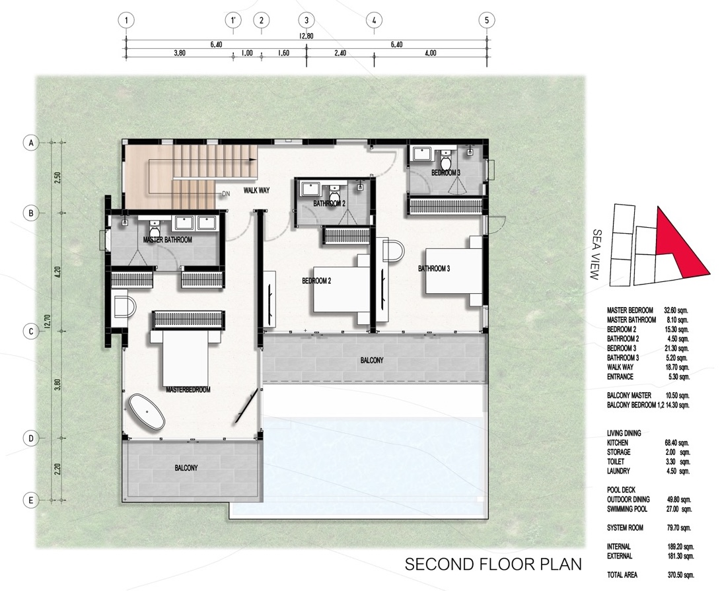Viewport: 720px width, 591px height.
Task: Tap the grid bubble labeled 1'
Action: click(233, 20)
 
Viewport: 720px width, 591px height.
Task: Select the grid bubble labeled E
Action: click(31, 500)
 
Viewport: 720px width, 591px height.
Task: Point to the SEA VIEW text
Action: click(595, 255)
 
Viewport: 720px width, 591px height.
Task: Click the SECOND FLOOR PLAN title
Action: click(493, 564)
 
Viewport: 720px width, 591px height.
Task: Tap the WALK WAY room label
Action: click(256, 190)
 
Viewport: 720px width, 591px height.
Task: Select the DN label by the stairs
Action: click(225, 193)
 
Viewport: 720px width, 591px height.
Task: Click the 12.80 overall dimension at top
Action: click(306, 36)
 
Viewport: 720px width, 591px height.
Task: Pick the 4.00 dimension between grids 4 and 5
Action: click(430, 53)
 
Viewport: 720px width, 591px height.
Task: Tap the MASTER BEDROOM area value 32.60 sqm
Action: click(676, 310)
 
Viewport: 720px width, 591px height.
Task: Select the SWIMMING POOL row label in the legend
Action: click(627, 509)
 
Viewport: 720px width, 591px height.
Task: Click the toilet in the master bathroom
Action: click(155, 226)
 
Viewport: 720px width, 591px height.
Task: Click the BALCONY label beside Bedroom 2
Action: click(371, 361)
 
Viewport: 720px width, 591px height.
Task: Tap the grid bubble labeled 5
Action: click(487, 20)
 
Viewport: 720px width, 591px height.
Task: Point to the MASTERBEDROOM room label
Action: click(188, 390)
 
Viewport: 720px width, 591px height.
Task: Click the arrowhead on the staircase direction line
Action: click(253, 160)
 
